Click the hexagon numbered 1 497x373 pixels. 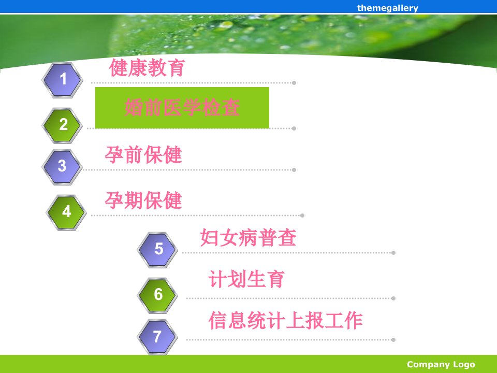click(63, 80)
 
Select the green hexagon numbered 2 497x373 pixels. click(63, 125)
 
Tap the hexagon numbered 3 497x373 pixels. click(63, 167)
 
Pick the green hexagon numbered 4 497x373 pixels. click(67, 212)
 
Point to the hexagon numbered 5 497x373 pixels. click(157, 250)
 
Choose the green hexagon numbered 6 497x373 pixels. click(157, 295)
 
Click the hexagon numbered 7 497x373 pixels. click(157, 337)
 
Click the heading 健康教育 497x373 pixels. click(147, 67)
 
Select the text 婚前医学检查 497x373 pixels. click(182, 107)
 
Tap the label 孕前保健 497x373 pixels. click(143, 155)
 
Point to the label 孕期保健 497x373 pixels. click(143, 200)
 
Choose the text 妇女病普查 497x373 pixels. click(248, 238)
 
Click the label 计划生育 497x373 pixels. click(246, 279)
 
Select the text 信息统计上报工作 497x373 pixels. click(286, 320)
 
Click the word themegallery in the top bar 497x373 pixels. click(388, 8)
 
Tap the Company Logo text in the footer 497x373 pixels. click(441, 364)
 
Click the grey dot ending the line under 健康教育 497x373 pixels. click(294, 83)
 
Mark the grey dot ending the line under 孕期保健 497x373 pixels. click(302, 216)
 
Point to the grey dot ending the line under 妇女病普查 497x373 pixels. click(393, 253)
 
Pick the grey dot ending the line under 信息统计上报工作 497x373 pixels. click(393, 340)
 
